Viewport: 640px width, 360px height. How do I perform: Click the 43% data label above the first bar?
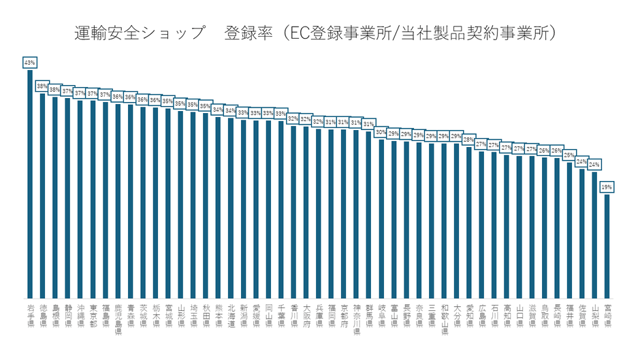(x=29, y=63)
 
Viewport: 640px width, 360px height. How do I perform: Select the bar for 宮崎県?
(x=607, y=245)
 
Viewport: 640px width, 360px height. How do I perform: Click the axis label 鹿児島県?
(x=118, y=319)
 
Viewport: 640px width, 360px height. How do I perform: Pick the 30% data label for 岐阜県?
(x=382, y=132)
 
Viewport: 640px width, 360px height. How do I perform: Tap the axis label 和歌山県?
(x=445, y=319)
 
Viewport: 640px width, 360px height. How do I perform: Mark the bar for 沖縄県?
(x=80, y=198)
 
